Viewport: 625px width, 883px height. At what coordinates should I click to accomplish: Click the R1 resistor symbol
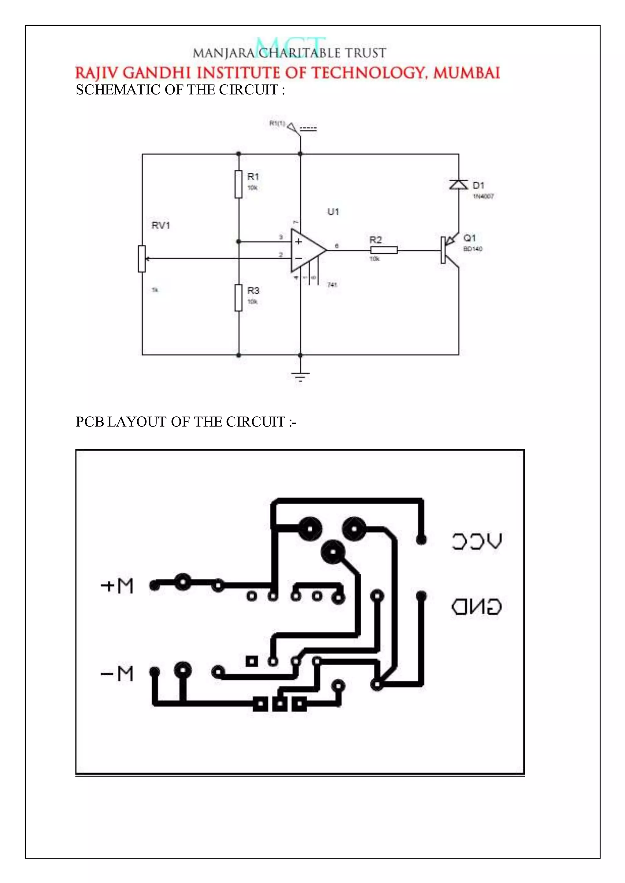click(239, 184)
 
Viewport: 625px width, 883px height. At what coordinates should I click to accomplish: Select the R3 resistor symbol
click(239, 298)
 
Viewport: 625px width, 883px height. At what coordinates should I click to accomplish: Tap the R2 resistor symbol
click(384, 250)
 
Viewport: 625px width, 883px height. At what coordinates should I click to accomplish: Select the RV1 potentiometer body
click(142, 259)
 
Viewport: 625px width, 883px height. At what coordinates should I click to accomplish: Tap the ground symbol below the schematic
click(301, 375)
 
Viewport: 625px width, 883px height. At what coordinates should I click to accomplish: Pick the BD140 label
click(473, 249)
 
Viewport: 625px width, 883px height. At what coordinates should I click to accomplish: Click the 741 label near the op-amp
click(332, 285)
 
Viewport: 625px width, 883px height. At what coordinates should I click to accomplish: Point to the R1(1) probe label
click(277, 123)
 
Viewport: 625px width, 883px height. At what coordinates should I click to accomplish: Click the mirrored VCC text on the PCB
click(476, 541)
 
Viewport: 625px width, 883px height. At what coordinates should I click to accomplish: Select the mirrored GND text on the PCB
click(476, 607)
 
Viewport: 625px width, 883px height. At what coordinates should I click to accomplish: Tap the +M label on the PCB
click(117, 586)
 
